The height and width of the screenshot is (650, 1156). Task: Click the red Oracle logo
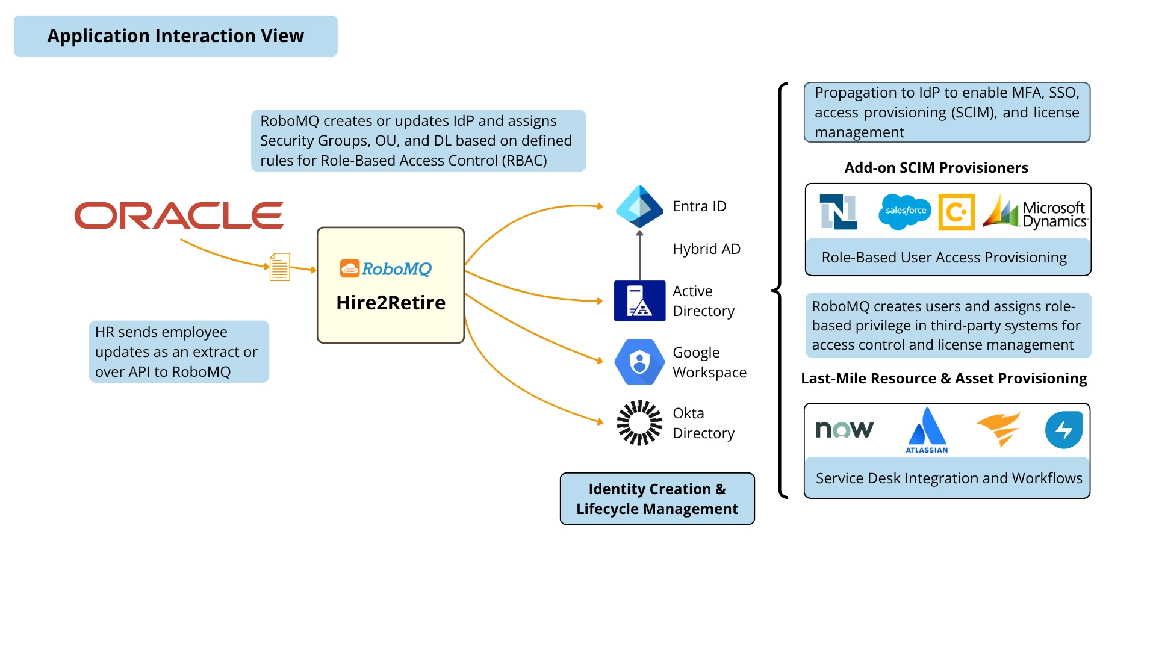[x=179, y=215]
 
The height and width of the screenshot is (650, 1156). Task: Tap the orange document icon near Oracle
[x=279, y=267]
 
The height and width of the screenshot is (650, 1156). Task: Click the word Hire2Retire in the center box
[x=391, y=302]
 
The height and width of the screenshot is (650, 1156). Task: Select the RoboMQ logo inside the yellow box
[x=386, y=268]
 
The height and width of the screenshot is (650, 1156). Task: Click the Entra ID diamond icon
[x=639, y=206]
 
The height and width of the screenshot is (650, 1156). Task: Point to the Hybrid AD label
[x=706, y=249]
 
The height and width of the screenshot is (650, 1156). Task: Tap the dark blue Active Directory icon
[x=639, y=300]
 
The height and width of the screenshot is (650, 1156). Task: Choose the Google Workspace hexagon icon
[x=639, y=362]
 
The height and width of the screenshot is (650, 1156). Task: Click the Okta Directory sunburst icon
[x=639, y=422]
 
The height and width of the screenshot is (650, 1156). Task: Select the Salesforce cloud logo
[x=905, y=211]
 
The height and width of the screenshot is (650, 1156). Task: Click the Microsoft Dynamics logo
[x=1035, y=212]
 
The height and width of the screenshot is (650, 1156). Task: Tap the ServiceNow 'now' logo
[x=844, y=429]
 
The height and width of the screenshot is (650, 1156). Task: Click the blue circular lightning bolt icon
[x=1063, y=430]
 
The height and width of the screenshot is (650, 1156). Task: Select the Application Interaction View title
[x=175, y=36]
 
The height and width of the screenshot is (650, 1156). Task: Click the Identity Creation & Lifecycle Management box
[x=657, y=499]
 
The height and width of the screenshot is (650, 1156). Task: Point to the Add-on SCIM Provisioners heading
[x=936, y=168]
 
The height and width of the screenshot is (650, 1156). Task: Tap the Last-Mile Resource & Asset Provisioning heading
[x=943, y=379]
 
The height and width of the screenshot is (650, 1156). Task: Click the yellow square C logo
[x=956, y=212]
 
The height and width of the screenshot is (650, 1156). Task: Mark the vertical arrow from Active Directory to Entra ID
[x=639, y=256]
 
